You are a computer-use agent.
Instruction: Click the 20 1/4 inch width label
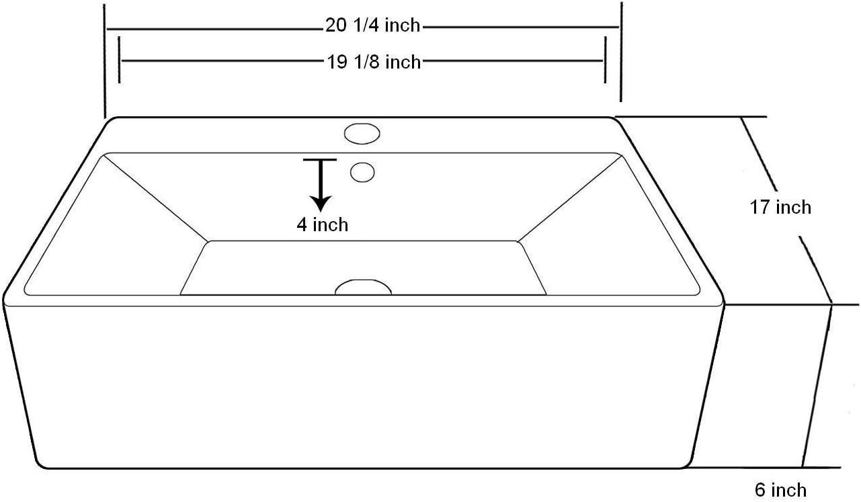(x=372, y=26)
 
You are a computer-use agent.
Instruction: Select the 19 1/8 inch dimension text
(x=374, y=62)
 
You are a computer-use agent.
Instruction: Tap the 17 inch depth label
(x=780, y=207)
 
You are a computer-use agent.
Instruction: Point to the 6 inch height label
(x=780, y=490)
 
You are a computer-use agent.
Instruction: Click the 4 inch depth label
(x=323, y=224)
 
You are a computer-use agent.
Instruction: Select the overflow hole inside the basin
(x=363, y=173)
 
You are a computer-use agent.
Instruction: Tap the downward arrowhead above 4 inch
(x=321, y=202)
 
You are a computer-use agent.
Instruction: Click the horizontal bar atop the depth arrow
(x=320, y=160)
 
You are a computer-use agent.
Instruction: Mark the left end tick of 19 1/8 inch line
(x=119, y=60)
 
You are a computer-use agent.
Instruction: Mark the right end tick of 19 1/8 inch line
(x=605, y=60)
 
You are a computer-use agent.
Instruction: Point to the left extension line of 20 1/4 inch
(x=106, y=60)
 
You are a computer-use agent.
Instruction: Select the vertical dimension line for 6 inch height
(x=817, y=386)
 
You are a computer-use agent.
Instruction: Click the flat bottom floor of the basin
(x=363, y=265)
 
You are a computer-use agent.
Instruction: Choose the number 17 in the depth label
(x=760, y=207)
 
